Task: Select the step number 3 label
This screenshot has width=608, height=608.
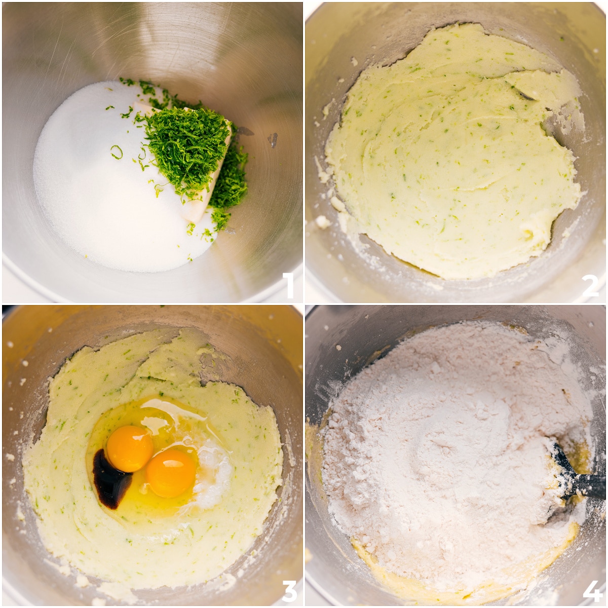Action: (x=289, y=589)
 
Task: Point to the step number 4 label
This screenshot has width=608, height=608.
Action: (x=591, y=589)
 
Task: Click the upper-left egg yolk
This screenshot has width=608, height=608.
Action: (x=130, y=448)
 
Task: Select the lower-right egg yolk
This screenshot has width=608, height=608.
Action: (x=171, y=473)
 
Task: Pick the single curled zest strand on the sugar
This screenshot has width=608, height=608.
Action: (x=117, y=151)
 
